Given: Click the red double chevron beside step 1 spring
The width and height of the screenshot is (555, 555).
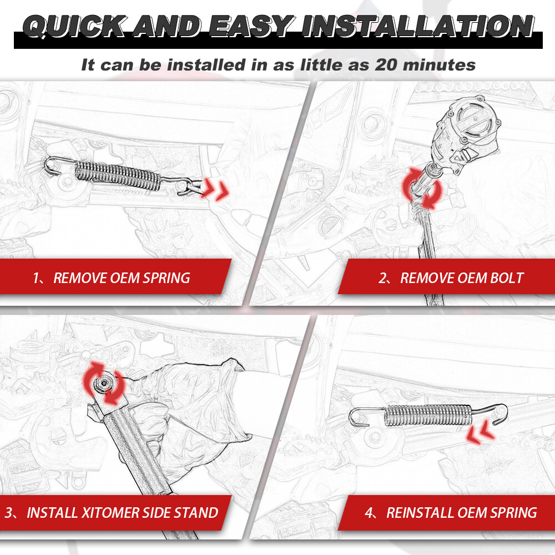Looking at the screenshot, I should point(215,189).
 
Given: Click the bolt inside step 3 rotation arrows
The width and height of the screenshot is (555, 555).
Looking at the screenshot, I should point(104,383).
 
